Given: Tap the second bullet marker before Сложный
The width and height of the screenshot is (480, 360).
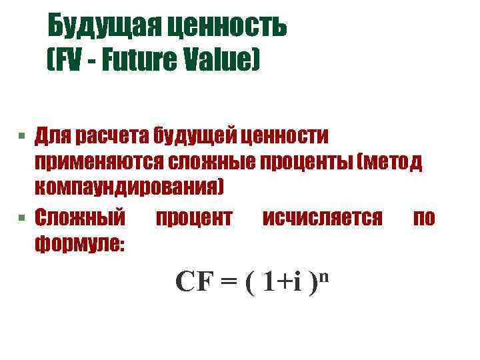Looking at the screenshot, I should (22, 218).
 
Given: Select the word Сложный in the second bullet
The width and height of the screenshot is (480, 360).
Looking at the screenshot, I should (80, 217).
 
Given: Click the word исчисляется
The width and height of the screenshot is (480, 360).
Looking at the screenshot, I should (323, 217).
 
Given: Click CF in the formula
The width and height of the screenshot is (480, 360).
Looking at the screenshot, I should (194, 282).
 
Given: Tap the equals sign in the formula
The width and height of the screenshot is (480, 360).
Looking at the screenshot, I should (228, 283).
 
